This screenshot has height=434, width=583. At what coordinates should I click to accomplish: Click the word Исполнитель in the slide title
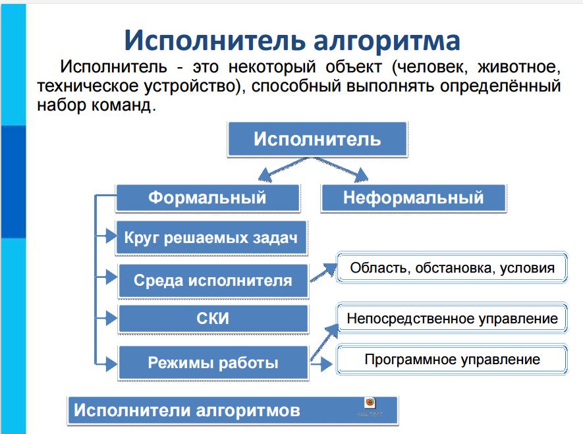click(204, 40)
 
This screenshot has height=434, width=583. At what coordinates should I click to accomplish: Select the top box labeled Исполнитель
click(317, 140)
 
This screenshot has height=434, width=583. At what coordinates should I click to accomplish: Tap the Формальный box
click(207, 198)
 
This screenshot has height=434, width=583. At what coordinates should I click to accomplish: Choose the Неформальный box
click(413, 198)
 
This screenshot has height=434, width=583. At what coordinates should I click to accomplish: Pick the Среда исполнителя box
click(213, 281)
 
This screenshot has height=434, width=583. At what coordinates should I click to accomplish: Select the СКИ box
click(213, 319)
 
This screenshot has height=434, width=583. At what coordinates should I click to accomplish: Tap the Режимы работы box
click(213, 362)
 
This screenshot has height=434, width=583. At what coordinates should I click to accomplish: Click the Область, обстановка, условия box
click(452, 268)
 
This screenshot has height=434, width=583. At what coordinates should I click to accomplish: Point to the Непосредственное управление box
click(452, 319)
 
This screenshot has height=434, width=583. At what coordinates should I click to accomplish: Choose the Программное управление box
click(452, 360)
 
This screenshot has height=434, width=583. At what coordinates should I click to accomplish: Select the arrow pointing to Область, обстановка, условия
click(323, 271)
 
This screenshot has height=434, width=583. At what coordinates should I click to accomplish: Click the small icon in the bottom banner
click(371, 404)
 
